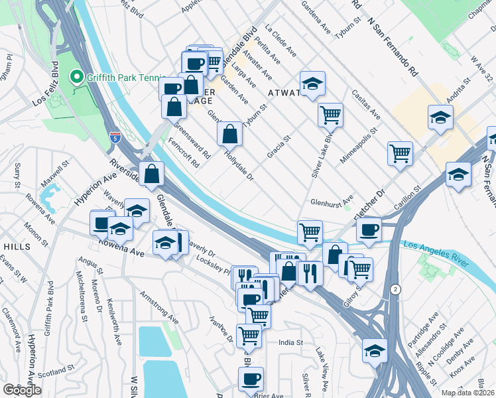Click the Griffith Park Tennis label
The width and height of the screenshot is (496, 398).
119,76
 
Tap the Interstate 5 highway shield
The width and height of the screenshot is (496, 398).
115,137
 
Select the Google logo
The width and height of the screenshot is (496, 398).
22,390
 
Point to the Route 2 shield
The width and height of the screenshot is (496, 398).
396,289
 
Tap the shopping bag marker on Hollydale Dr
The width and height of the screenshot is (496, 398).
229,134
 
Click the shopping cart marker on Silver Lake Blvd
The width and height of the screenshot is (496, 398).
330,115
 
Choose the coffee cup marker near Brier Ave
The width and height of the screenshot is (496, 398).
251,379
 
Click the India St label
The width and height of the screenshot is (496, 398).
290,342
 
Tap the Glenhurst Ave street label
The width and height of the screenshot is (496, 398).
331,200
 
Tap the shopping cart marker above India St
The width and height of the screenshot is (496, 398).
249,335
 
